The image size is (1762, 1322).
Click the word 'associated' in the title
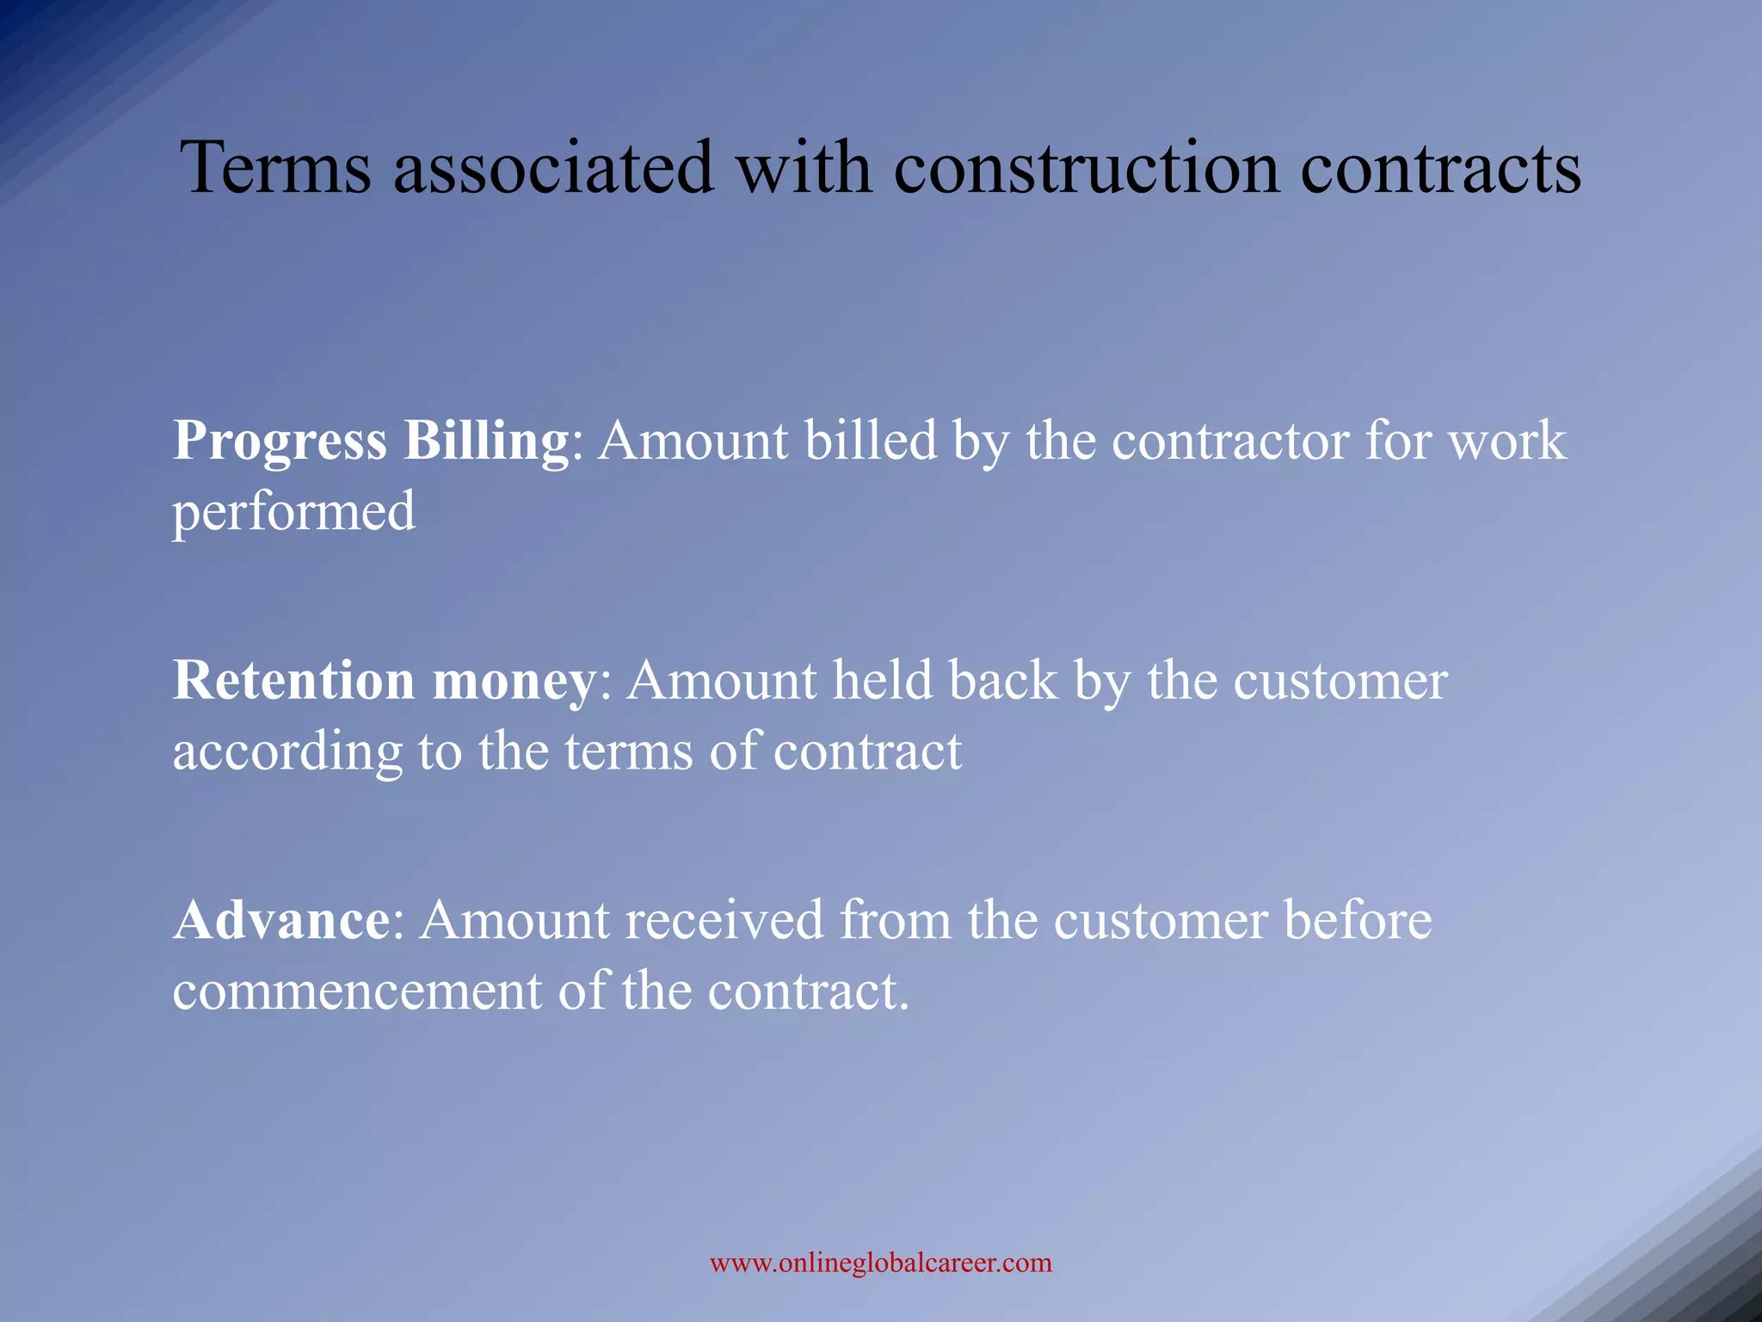[553, 167]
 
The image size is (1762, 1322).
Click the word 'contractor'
[1230, 442]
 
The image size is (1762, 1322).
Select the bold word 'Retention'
[294, 681]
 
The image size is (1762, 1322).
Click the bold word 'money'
[514, 683]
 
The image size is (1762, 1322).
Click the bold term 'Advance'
[281, 920]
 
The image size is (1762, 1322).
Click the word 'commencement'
[357, 991]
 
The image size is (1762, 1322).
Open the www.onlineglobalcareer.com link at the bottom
[880, 1263]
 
